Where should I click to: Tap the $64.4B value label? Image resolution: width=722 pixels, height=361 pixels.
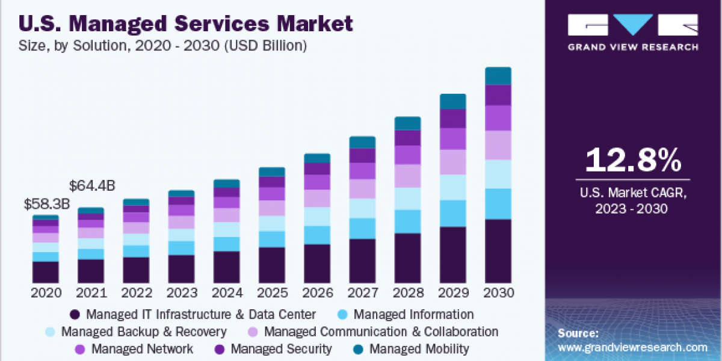[x=92, y=186]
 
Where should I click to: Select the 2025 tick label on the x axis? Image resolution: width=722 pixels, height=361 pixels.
[x=272, y=293]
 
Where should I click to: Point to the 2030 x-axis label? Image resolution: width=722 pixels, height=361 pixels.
[x=498, y=293]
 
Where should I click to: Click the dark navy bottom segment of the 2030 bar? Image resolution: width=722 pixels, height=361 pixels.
[x=498, y=251]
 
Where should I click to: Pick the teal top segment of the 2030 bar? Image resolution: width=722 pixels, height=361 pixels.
[x=498, y=76]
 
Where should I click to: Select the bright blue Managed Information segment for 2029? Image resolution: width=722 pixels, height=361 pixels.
[x=452, y=213]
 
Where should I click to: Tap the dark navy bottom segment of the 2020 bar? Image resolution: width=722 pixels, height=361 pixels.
[x=46, y=272]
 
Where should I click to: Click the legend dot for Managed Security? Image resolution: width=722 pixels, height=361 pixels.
[x=220, y=349]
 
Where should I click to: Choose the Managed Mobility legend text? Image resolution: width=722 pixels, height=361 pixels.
[x=419, y=348]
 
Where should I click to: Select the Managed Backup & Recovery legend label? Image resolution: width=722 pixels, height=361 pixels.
[x=144, y=332]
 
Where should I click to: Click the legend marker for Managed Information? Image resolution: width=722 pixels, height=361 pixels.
[x=342, y=314]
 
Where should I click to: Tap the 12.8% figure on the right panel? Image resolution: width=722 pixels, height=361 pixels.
[x=633, y=159]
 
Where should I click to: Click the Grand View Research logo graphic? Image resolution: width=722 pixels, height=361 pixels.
[x=633, y=26]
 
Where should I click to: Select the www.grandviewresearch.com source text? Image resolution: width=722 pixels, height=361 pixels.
[x=632, y=347]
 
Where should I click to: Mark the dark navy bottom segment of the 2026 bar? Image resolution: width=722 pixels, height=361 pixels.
[x=317, y=264]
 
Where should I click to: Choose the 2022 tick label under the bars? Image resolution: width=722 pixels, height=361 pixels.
[x=137, y=293]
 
